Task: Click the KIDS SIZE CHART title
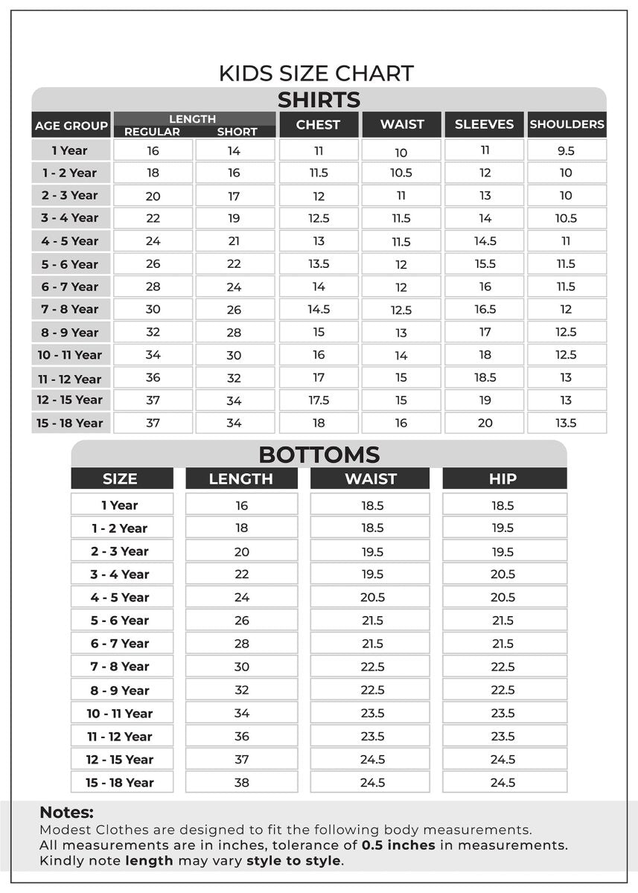316,73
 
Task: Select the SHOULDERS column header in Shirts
567,124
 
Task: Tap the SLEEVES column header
484,124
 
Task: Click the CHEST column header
318,124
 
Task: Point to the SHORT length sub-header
237,132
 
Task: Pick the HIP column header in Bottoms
503,478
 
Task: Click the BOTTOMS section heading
319,454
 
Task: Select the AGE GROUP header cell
71,126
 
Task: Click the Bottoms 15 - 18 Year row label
120,782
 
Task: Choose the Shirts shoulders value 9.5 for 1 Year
566,150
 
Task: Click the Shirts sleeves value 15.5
485,263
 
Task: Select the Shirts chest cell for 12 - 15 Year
319,400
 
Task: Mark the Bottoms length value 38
241,782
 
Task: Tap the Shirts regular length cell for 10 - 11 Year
153,354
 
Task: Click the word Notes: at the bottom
66,813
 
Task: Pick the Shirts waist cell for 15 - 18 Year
401,423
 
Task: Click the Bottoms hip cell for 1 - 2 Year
503,528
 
